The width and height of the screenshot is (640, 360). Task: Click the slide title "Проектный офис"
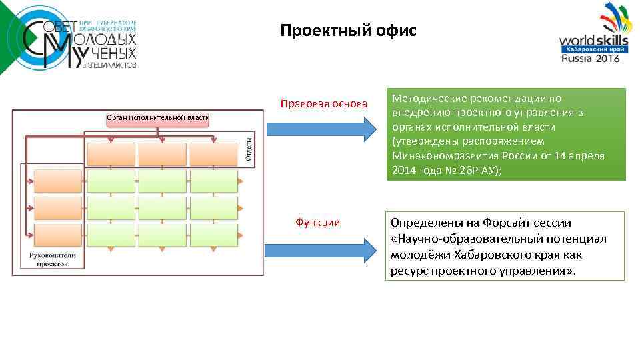point(347,31)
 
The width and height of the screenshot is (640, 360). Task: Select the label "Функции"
point(317,222)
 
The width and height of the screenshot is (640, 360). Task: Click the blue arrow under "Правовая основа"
point(321,129)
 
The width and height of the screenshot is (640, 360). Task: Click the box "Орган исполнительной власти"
point(158,118)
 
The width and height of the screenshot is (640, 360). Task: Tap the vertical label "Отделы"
point(248,147)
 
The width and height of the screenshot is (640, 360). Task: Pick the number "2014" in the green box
point(405,170)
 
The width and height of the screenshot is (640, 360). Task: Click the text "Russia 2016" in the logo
point(591,59)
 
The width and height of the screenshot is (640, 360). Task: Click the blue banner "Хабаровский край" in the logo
point(590,49)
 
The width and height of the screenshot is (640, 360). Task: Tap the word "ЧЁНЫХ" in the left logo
point(112,53)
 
